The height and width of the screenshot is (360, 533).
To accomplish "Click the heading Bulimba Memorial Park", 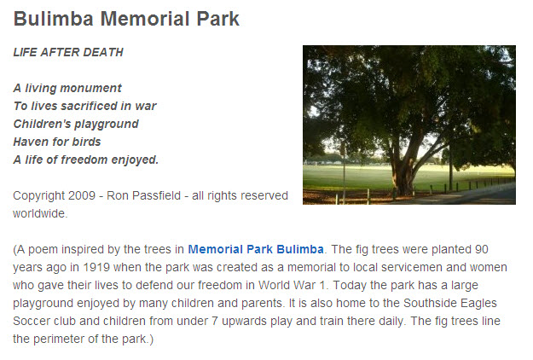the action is coord(126,19).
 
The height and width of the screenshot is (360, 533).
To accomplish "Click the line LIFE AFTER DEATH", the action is coord(68,52).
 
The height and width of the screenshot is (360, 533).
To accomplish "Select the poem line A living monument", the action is coord(67,88).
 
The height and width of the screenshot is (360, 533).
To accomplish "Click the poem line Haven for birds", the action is coord(57,142).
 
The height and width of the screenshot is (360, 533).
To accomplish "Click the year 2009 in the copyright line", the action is coord(82,195).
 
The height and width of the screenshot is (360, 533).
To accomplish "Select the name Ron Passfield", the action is coord(144,195).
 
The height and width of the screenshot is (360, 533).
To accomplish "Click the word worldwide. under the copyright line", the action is coord(40,213).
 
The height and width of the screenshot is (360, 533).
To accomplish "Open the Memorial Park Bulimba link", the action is coord(256,249).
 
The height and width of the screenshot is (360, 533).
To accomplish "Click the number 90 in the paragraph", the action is coord(482,249).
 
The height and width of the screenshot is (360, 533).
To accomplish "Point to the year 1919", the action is coord(96,267).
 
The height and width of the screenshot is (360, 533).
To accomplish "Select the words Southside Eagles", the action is coord(450,303).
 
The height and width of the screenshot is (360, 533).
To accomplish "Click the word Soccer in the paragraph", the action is coord(31,322).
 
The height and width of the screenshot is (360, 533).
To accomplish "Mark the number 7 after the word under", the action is coord(215,322).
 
